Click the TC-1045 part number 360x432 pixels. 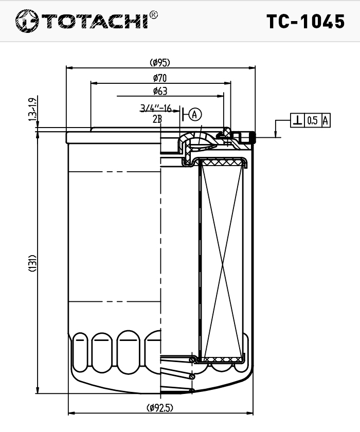click(x=305, y=22)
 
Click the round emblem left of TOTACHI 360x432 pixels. click(x=27, y=21)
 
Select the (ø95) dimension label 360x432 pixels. click(x=160, y=63)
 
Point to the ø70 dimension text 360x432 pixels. click(x=160, y=78)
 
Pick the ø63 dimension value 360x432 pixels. click(x=160, y=91)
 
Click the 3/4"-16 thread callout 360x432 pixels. click(x=156, y=107)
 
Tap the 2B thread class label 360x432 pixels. click(x=157, y=119)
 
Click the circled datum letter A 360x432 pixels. click(x=195, y=114)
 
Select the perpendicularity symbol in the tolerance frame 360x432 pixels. click(x=297, y=120)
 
